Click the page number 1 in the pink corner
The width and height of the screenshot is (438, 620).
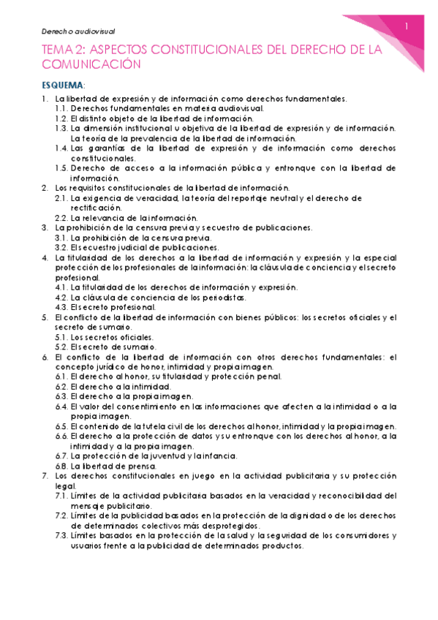[407, 27]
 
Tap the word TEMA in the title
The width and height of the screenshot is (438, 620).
[58, 49]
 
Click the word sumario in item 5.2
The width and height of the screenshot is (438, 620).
[135, 347]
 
